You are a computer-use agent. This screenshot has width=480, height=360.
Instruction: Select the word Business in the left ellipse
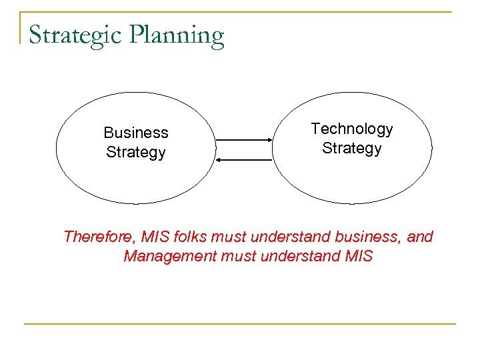click(136, 133)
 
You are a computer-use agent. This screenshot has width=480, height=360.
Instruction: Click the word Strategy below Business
click(136, 153)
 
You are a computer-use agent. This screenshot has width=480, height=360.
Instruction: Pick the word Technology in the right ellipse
click(352, 129)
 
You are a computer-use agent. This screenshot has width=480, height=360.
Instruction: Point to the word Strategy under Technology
click(352, 148)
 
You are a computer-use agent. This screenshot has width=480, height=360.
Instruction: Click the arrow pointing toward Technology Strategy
click(244, 141)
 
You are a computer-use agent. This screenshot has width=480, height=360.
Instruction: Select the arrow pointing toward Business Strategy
click(244, 159)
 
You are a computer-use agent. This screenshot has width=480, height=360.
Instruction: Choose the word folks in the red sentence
click(191, 237)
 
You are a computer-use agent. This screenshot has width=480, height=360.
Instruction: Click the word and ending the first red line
click(419, 237)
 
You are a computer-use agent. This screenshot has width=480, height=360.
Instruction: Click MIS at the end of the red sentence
click(359, 256)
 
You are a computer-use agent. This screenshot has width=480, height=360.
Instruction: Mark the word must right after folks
click(229, 237)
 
